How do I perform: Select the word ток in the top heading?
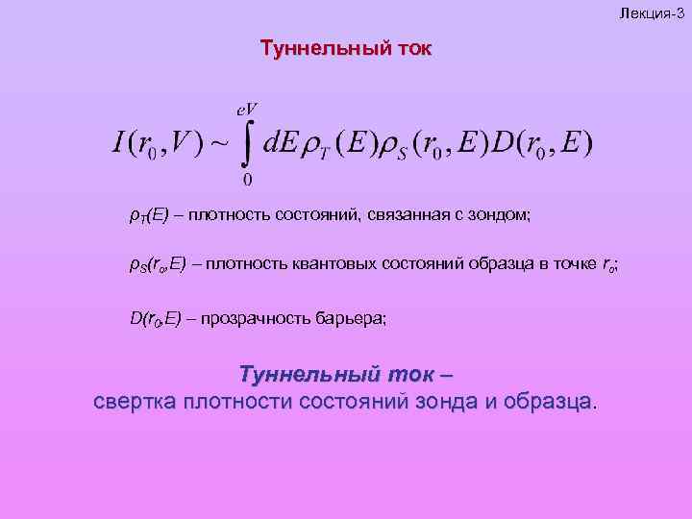[409, 48]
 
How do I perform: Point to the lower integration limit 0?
[248, 180]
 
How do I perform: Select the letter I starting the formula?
[117, 145]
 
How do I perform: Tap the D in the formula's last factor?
[504, 145]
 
